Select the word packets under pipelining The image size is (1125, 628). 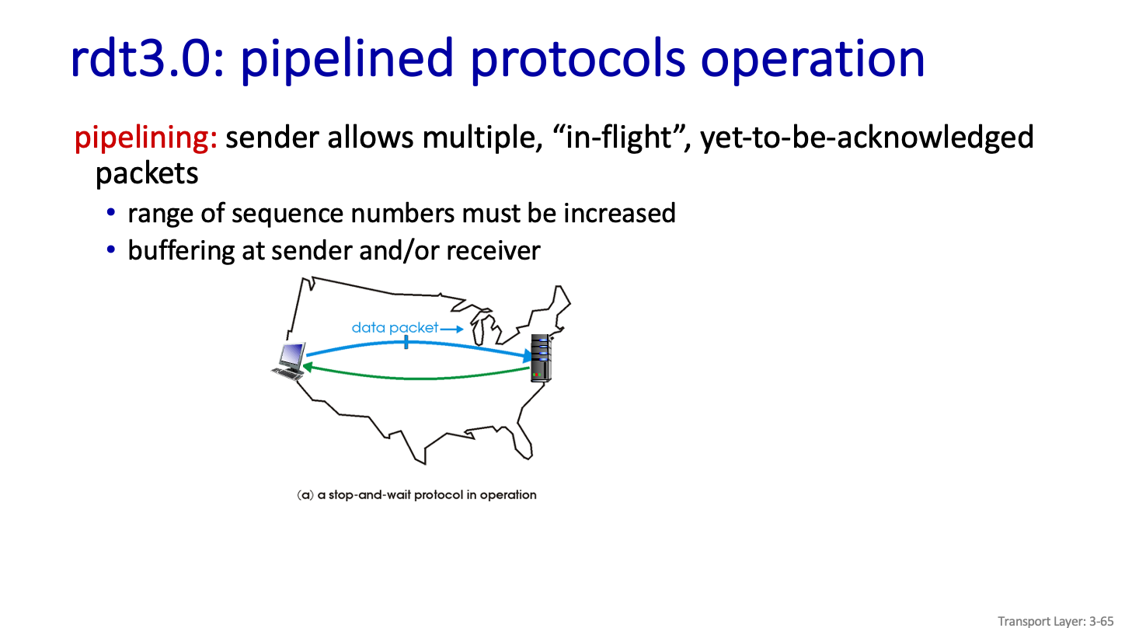click(x=147, y=174)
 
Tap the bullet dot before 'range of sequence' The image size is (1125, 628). click(x=111, y=212)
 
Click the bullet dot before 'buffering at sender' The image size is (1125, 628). click(x=111, y=249)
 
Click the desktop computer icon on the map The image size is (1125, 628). click(x=289, y=361)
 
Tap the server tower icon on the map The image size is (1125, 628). click(x=542, y=358)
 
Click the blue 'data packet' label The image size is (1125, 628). click(x=395, y=328)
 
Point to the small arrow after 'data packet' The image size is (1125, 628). click(x=451, y=329)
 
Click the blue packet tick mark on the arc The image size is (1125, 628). click(x=406, y=343)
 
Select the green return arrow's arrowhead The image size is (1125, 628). click(x=308, y=368)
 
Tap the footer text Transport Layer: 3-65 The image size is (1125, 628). click(x=1055, y=621)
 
